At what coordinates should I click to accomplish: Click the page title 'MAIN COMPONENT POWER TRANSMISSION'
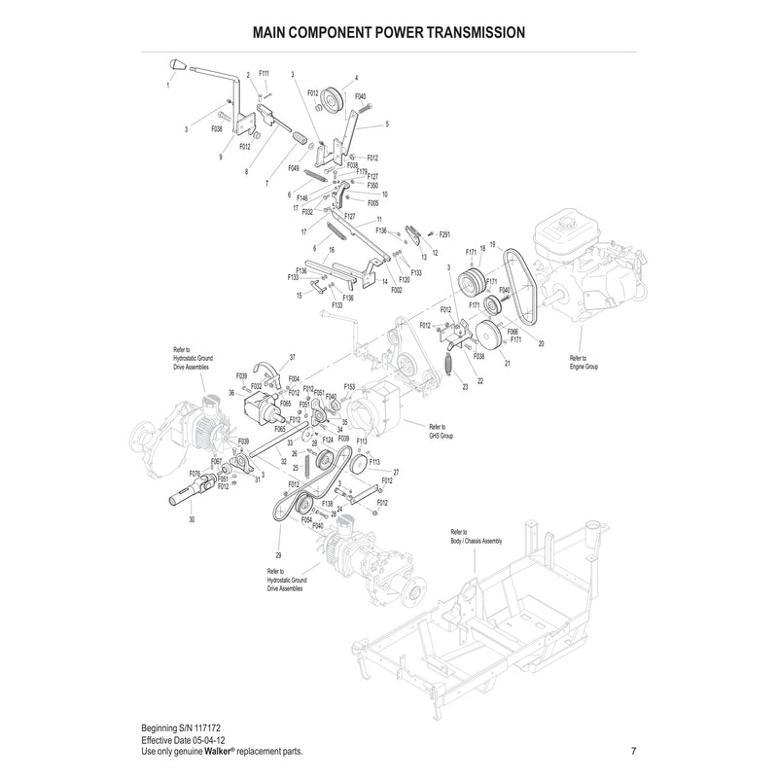[x=389, y=32]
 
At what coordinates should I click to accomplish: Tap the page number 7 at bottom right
[x=633, y=751]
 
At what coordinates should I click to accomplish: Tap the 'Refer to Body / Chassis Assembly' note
[x=477, y=537]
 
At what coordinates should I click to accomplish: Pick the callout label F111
[x=265, y=73]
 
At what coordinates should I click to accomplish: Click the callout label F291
[x=445, y=234]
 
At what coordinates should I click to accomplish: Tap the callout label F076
[x=194, y=474]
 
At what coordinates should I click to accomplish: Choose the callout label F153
[x=349, y=386]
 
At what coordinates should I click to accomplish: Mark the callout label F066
[x=513, y=332]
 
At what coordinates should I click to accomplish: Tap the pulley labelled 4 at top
[x=337, y=98]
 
